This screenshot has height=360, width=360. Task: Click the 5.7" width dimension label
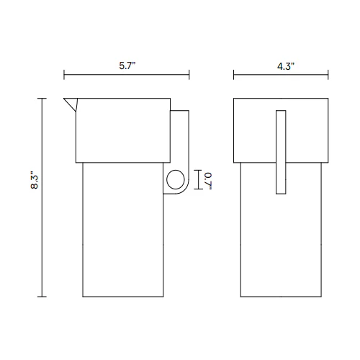pyautogui.click(x=127, y=66)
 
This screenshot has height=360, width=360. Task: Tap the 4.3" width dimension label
pyautogui.click(x=286, y=66)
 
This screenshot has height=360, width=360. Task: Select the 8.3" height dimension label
pyautogui.click(x=35, y=180)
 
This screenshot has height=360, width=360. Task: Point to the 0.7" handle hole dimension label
pyautogui.click(x=208, y=181)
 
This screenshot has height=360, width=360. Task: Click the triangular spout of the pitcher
pyautogui.click(x=71, y=103)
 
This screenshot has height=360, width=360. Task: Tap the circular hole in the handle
pyautogui.click(x=176, y=179)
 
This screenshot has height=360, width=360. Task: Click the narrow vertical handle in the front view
pyautogui.click(x=281, y=152)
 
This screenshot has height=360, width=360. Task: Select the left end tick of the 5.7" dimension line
pyautogui.click(x=64, y=75)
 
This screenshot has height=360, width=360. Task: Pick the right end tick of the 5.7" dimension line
pyautogui.click(x=189, y=75)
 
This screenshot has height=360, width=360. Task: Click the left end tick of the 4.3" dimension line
pyautogui.click(x=234, y=75)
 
